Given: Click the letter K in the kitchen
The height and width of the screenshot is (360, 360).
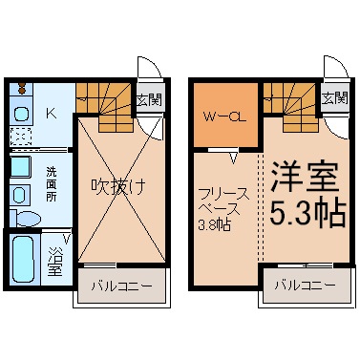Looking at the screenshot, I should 51,114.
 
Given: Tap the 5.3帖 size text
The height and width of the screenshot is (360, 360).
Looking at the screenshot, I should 305,214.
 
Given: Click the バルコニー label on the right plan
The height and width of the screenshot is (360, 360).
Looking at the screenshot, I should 304,286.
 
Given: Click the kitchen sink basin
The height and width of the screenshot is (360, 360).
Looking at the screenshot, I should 22,115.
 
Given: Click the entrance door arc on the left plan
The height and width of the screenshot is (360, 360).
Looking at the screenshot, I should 150,69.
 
